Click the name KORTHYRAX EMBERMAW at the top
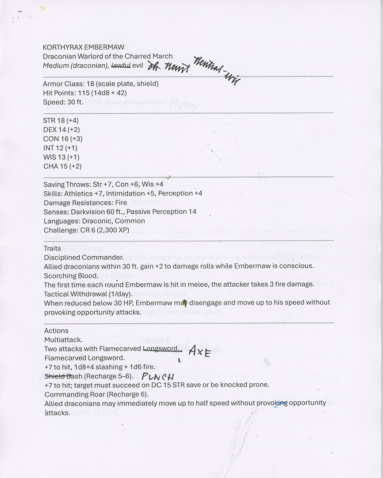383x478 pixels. pyautogui.click(x=77, y=47)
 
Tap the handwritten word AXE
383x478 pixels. pyautogui.click(x=199, y=351)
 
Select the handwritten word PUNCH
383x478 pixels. pyautogui.click(x=158, y=377)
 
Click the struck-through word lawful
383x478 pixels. pyautogui.click(x=120, y=66)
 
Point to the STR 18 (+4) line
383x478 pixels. pyautogui.click(x=61, y=120)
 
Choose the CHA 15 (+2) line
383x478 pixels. pyautogui.click(x=62, y=166)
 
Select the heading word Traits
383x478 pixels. pyautogui.click(x=52, y=248)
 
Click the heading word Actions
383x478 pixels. pyautogui.click(x=56, y=331)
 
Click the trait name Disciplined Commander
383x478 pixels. pyautogui.click(x=84, y=257)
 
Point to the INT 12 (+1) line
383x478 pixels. pyautogui.click(x=61, y=148)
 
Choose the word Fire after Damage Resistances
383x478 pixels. pyautogui.click(x=121, y=203)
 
